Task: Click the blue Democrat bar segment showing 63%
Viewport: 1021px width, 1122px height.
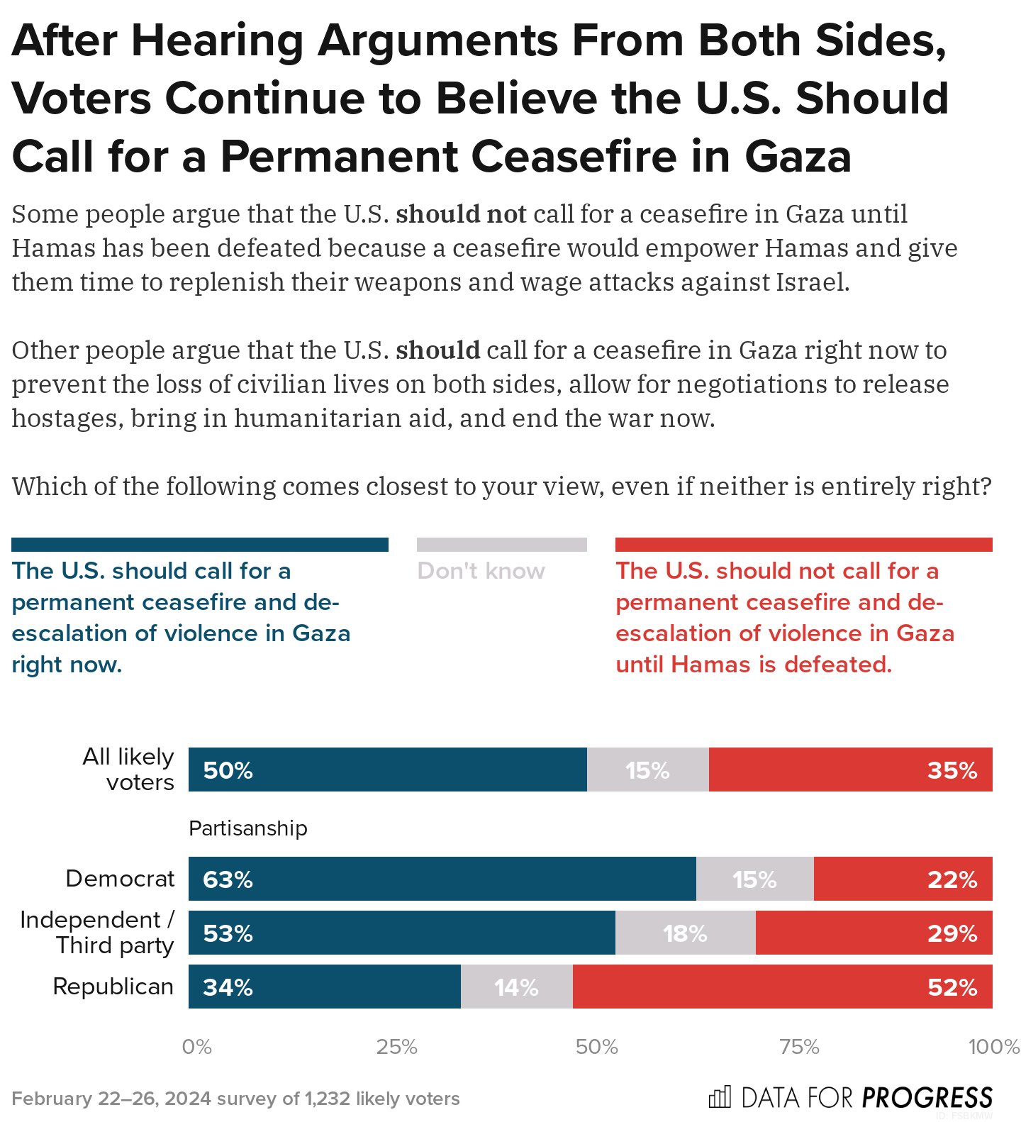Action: click(442, 879)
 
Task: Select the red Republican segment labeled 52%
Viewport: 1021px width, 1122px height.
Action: click(782, 987)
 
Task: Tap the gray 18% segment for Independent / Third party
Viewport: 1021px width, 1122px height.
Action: click(685, 933)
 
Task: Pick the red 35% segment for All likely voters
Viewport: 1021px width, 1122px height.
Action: click(850, 770)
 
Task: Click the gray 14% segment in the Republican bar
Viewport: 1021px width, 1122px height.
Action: click(516, 987)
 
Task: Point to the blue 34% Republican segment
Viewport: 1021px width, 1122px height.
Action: click(324, 987)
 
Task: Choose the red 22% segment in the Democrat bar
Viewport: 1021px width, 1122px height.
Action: click(903, 879)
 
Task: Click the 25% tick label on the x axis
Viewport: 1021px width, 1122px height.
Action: click(396, 1047)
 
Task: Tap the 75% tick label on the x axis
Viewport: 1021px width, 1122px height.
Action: click(799, 1047)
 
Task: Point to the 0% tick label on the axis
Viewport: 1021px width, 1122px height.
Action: click(197, 1047)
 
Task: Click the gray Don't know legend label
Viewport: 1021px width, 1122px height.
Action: click(481, 571)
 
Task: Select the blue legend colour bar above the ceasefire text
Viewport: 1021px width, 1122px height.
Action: click(200, 545)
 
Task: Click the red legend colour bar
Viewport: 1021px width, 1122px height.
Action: click(803, 545)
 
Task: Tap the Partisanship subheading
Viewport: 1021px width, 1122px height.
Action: click(248, 828)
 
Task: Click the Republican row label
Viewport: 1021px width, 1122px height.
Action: click(113, 987)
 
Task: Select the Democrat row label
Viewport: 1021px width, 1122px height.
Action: click(120, 879)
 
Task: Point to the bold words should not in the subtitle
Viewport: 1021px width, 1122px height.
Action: click(461, 213)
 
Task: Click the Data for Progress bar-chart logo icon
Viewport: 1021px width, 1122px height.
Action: click(720, 1097)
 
